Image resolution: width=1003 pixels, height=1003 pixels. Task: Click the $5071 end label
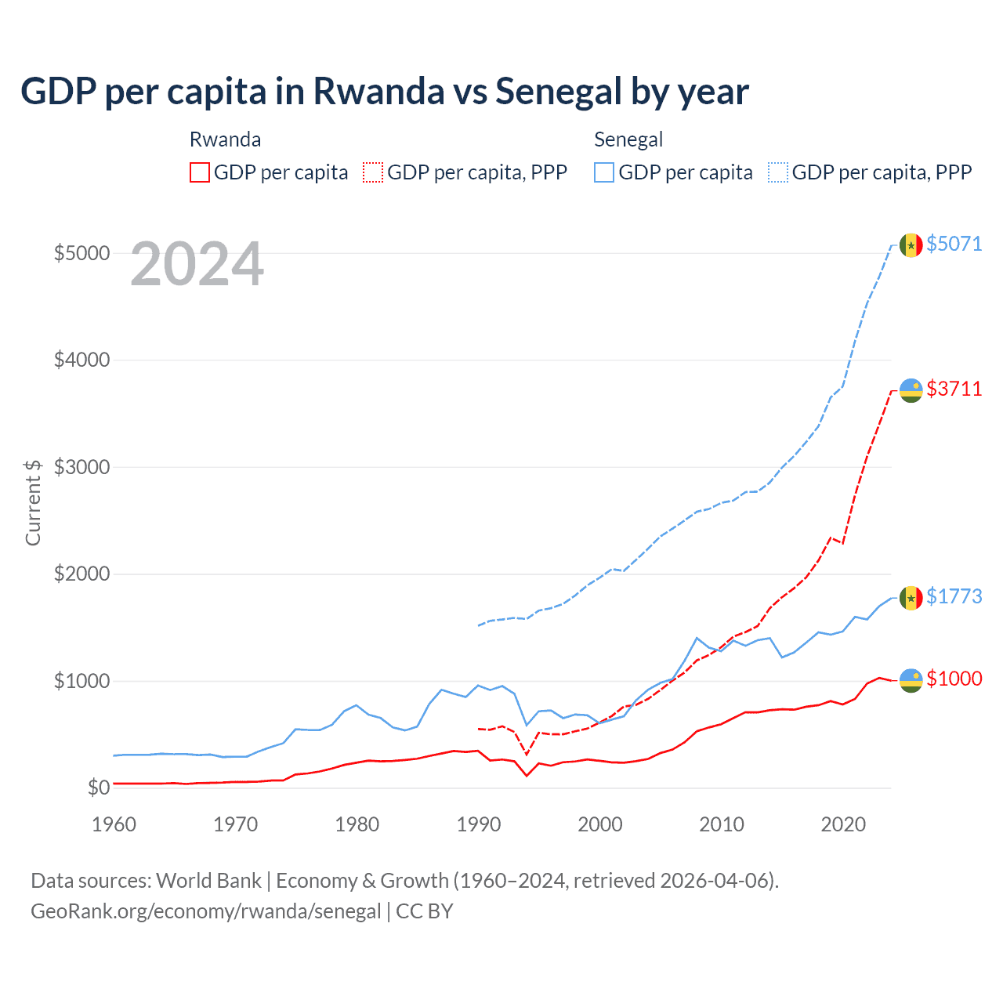click(x=954, y=244)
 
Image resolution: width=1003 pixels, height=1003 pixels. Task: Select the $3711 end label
click(x=954, y=389)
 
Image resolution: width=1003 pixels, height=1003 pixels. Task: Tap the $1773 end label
click(x=954, y=596)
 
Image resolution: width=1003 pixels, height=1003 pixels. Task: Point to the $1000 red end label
click(x=954, y=679)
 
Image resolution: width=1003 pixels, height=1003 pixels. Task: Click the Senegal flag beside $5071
click(x=911, y=245)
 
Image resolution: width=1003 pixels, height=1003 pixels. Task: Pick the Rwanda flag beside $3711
click(x=911, y=390)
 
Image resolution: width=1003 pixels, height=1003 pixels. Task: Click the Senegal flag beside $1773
click(x=911, y=598)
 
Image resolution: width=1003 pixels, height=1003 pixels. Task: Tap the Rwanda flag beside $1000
click(x=911, y=680)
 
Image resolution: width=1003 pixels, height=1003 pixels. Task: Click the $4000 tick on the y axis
click(x=81, y=360)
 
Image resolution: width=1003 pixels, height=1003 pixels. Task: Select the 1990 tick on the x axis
click(x=478, y=824)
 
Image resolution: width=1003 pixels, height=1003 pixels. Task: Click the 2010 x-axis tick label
click(x=721, y=824)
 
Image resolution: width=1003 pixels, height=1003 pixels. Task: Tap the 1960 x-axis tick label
click(x=114, y=824)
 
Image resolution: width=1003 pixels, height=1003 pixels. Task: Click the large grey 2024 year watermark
click(x=197, y=265)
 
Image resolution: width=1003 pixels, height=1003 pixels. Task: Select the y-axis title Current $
click(x=33, y=502)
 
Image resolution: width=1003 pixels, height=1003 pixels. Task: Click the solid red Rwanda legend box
click(x=200, y=172)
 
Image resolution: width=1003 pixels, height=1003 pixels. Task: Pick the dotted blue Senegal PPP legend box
click(x=778, y=172)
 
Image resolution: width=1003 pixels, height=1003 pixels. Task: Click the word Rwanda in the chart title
click(x=379, y=92)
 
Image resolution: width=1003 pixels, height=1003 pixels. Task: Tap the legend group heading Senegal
click(x=628, y=139)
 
